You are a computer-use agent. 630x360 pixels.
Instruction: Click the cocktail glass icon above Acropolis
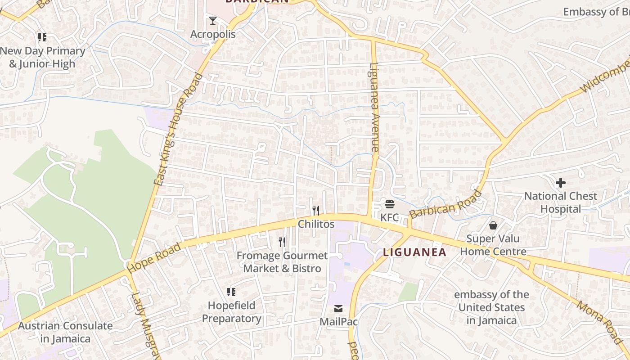pyautogui.click(x=212, y=20)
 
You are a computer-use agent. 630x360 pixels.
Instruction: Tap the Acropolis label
pyautogui.click(x=213, y=34)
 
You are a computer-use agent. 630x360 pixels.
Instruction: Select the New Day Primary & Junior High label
pyautogui.click(x=42, y=58)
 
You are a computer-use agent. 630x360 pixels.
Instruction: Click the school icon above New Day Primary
pyautogui.click(x=42, y=37)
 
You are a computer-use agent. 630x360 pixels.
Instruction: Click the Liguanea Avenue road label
pyautogui.click(x=374, y=108)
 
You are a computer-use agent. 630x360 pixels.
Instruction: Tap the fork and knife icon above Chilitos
pyautogui.click(x=316, y=210)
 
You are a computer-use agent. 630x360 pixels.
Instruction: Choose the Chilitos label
pyautogui.click(x=316, y=224)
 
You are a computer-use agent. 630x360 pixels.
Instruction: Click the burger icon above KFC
pyautogui.click(x=390, y=204)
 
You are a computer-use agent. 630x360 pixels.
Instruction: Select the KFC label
pyautogui.click(x=390, y=217)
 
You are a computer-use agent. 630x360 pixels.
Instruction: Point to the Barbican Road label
pyautogui.click(x=445, y=205)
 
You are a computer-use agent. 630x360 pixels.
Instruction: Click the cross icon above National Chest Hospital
pyautogui.click(x=560, y=183)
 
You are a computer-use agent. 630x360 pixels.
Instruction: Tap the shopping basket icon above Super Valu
pyautogui.click(x=493, y=225)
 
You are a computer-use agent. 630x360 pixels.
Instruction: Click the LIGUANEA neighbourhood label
pyautogui.click(x=414, y=252)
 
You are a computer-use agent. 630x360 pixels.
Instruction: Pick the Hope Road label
pyautogui.click(x=154, y=258)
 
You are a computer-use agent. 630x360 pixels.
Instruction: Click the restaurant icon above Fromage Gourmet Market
pyautogui.click(x=282, y=242)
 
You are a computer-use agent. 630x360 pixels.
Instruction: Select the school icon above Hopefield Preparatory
pyautogui.click(x=231, y=292)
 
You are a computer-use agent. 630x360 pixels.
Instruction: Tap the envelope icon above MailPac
pyautogui.click(x=338, y=309)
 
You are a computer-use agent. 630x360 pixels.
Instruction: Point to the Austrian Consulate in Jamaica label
pyautogui.click(x=65, y=332)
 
